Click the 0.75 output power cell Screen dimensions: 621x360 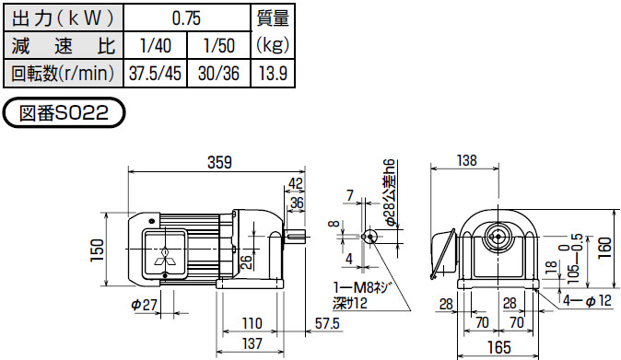[186, 18]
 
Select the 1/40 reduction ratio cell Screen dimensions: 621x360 [155, 46]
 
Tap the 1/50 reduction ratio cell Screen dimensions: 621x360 [219, 46]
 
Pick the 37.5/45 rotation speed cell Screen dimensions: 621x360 [155, 74]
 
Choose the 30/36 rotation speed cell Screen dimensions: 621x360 [219, 74]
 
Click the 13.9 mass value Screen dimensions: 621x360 [273, 74]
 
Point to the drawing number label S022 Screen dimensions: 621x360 [64, 113]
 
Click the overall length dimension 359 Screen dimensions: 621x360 [219, 162]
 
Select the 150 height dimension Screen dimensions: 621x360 [97, 250]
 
